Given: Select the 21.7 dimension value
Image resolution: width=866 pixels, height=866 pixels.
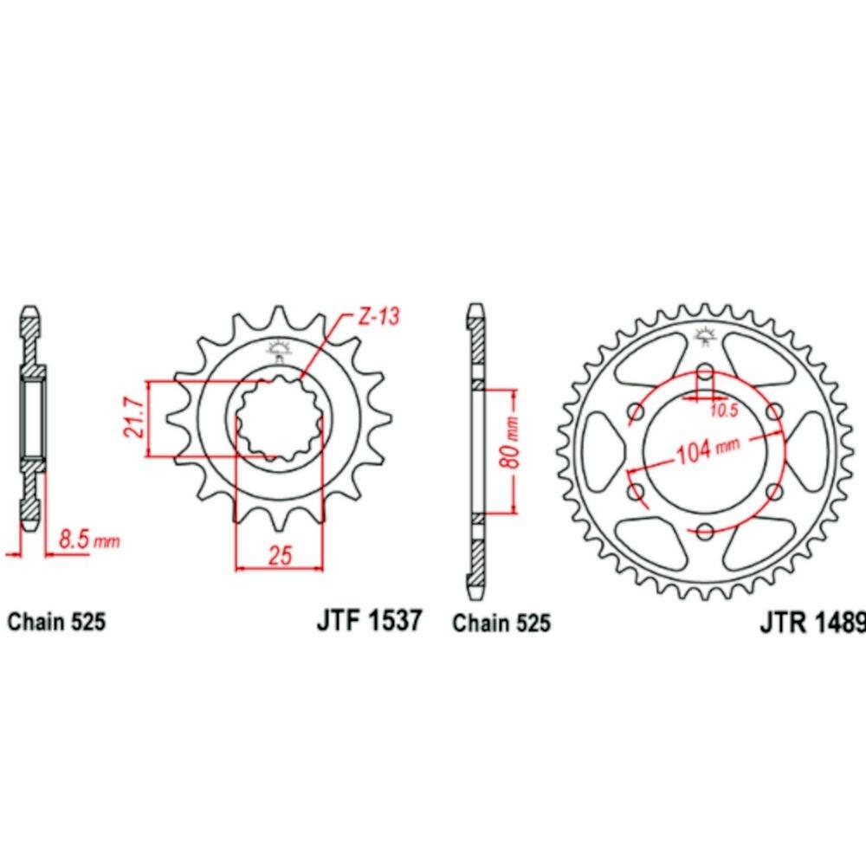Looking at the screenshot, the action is [135, 417].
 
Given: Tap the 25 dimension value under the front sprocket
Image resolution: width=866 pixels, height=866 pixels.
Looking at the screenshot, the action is [280, 555].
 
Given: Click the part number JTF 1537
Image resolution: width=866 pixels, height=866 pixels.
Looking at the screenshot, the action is [369, 620].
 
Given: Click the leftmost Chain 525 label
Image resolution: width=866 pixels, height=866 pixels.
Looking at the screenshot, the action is [56, 621].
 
